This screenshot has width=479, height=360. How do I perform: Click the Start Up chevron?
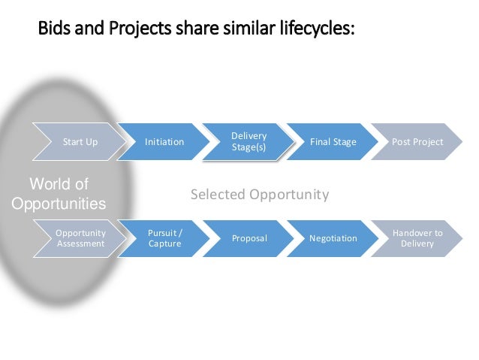click(80, 141)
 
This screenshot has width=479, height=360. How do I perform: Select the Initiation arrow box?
click(164, 141)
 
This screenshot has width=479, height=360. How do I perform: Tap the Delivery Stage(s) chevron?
click(249, 141)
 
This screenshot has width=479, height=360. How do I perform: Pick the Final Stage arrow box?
click(333, 141)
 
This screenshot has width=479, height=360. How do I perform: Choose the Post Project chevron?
click(417, 141)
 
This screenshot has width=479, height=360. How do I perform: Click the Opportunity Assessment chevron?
click(80, 238)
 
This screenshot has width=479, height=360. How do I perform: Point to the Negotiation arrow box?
click(333, 238)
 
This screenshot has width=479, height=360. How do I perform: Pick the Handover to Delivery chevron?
click(417, 238)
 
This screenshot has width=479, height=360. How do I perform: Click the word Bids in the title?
click(54, 31)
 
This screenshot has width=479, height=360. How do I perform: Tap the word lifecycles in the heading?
click(315, 31)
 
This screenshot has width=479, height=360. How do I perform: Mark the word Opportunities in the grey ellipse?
click(59, 204)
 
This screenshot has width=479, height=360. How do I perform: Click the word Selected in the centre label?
click(218, 195)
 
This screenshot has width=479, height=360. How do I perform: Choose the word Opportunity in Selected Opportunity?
click(289, 195)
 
